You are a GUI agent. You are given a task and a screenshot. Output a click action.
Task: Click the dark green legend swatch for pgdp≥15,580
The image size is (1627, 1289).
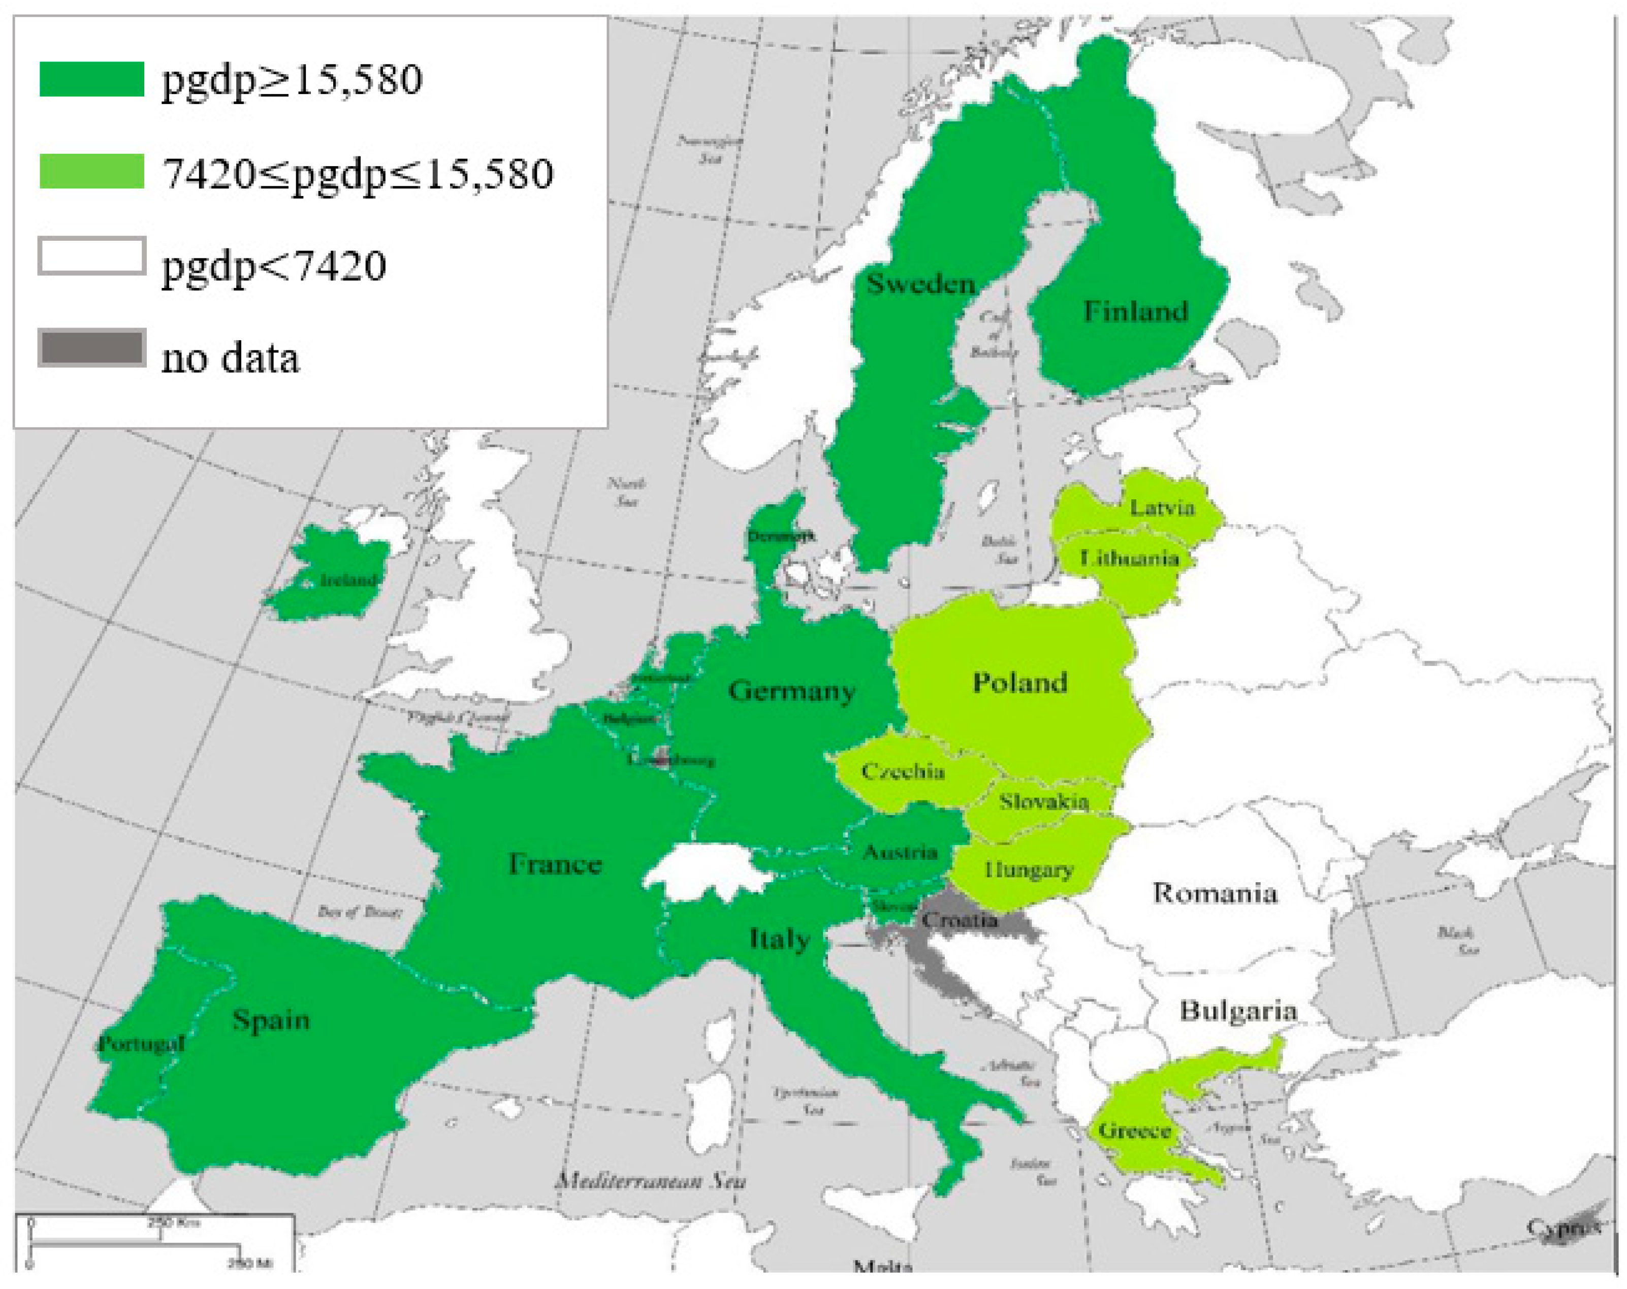[91, 79]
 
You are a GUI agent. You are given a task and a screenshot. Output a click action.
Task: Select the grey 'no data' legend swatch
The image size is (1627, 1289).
[91, 349]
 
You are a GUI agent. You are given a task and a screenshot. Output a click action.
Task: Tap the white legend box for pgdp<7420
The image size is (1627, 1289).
[91, 256]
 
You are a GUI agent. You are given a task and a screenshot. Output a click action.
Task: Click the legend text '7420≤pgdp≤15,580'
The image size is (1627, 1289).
[358, 174]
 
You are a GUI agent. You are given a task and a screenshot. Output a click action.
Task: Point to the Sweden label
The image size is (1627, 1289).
[920, 284]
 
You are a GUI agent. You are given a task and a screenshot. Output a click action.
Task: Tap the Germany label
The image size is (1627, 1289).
[791, 691]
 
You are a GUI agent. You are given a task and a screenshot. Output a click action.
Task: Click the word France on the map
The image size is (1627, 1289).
[555, 863]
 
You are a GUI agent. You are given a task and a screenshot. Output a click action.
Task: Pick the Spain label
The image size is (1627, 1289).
[271, 1020]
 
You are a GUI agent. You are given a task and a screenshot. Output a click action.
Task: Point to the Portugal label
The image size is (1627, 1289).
[141, 1044]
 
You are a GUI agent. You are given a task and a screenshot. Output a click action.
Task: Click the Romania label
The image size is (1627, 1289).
[1214, 893]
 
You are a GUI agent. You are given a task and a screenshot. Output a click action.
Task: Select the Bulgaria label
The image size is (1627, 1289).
[1237, 1011]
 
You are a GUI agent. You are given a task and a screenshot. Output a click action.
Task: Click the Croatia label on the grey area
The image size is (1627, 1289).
[959, 920]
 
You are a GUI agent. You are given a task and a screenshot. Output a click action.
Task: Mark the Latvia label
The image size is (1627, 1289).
[1161, 507]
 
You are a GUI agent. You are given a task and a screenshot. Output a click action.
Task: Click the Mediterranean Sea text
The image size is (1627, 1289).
[651, 1181]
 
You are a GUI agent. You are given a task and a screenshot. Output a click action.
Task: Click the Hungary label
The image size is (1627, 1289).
[1028, 870]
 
